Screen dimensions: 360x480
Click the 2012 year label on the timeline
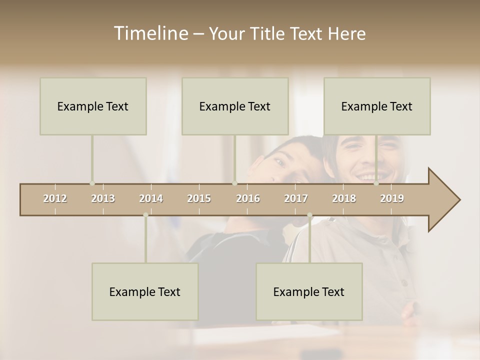coord(55,198)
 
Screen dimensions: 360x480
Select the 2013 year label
coord(103,198)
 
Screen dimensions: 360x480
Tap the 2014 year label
coord(151,198)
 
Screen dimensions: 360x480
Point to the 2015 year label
coord(199,198)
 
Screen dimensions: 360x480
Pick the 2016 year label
coord(248,198)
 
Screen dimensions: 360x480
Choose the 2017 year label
coord(296,198)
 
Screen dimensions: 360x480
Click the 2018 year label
coord(344,198)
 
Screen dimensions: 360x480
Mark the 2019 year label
coord(392,198)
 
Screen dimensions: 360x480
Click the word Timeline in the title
coord(150,33)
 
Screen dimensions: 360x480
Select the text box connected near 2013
coord(93,106)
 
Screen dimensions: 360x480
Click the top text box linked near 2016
coord(235,106)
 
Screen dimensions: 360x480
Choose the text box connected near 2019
coord(377,106)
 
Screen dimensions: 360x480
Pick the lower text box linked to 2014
coord(145,291)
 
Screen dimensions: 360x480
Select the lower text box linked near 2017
coord(309,291)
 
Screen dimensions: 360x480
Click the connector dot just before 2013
coord(92,183)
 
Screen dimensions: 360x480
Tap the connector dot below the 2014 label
coord(145,215)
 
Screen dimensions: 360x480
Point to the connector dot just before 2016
coord(234,183)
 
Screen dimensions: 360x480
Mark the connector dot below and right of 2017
coord(309,215)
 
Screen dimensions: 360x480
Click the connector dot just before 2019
coord(376,183)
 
